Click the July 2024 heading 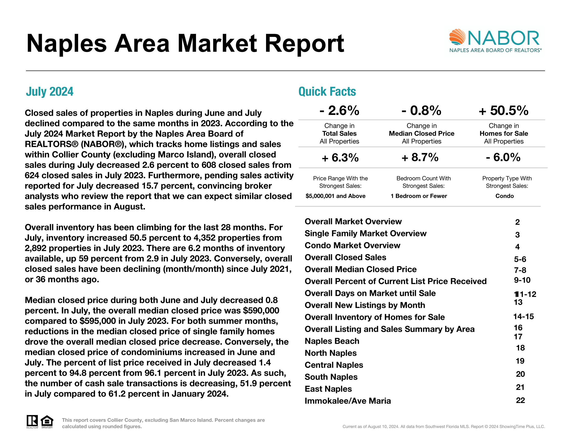(x=49, y=92)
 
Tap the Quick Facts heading (x=327, y=92)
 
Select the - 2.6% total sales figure (x=339, y=110)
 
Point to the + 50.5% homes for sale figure (x=504, y=110)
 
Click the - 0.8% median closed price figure (x=422, y=110)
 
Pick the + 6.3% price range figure (x=340, y=158)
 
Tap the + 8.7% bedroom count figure (x=420, y=157)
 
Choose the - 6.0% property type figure (x=503, y=157)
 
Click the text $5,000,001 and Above (x=335, y=196)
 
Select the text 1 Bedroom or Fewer (x=419, y=196)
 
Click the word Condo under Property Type (x=505, y=196)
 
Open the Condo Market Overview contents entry (x=352, y=245)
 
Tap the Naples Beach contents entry (x=332, y=341)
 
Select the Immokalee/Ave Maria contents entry (x=348, y=401)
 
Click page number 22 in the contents (x=520, y=400)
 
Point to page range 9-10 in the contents (x=522, y=280)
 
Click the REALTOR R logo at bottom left (x=32, y=421)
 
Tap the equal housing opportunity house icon (x=47, y=421)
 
